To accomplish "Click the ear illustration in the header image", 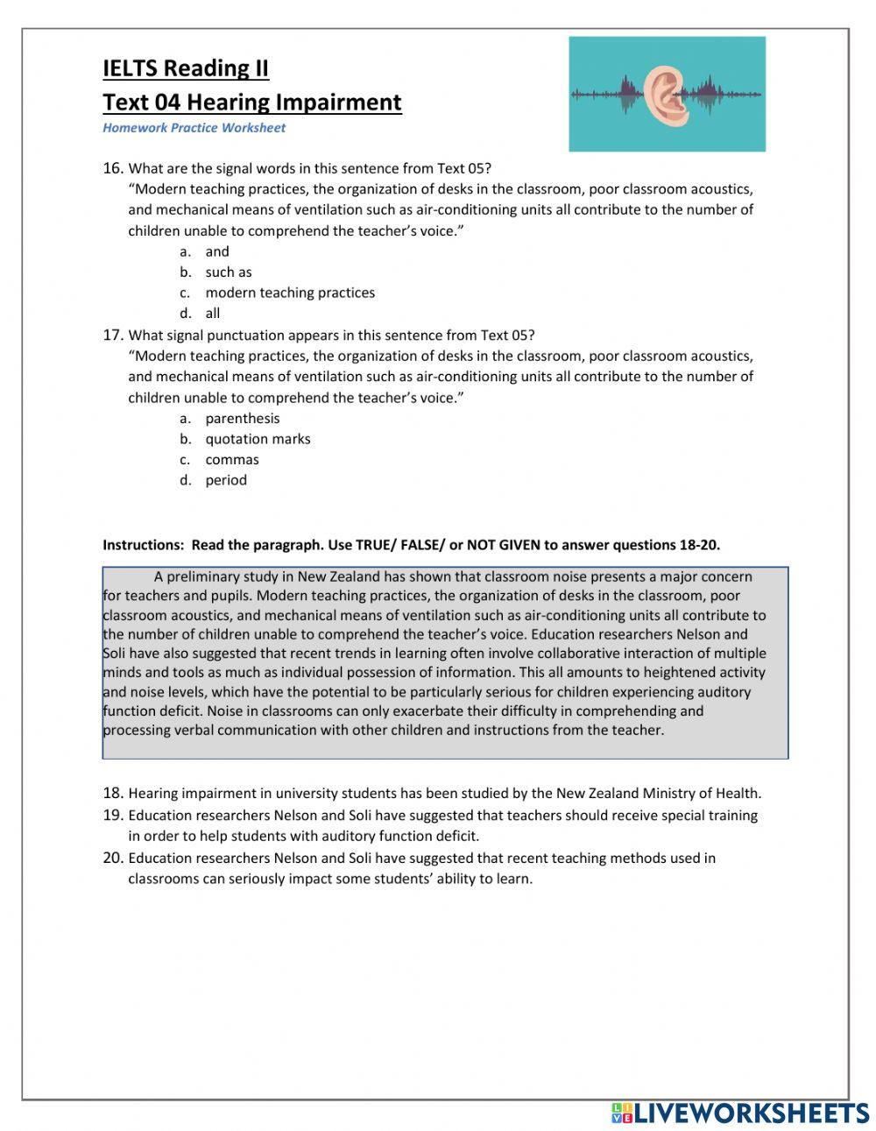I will point(667,94).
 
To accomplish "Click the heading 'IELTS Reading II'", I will point(186,68).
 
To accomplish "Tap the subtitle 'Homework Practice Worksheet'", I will point(194,128).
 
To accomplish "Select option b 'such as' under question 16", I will point(228,272).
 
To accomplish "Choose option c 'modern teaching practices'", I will point(289,293).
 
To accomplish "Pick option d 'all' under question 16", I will point(213,314).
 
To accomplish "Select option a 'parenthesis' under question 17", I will point(243,419).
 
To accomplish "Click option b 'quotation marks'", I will point(258,439).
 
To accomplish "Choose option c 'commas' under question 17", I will point(232,460).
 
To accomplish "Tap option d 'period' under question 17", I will point(226,480).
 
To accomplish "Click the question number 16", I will point(112,168).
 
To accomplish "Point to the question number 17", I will point(112,335).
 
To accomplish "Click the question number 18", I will point(112,794).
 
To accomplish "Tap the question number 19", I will point(112,816).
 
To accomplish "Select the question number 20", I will point(112,859).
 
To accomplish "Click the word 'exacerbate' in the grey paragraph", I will point(398,711).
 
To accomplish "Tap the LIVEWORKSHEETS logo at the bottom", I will point(740,1113).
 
